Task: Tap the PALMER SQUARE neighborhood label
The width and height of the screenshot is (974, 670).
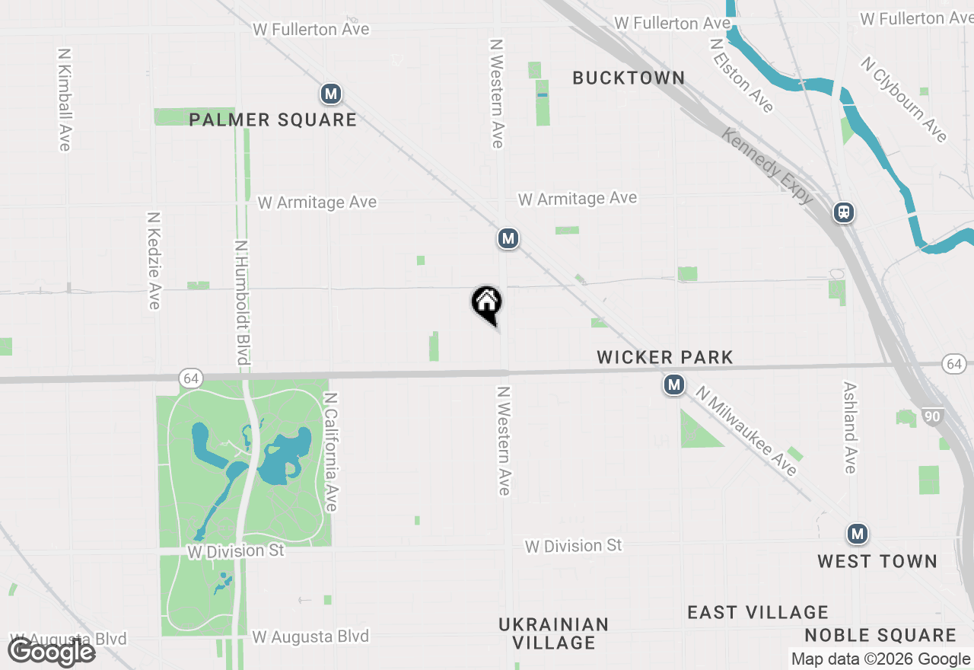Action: coord(272,120)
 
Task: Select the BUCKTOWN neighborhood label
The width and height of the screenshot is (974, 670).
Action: coord(629,78)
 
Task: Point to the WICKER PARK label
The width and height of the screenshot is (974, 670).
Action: coord(665,357)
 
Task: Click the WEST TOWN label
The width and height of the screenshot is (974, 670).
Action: coord(877,562)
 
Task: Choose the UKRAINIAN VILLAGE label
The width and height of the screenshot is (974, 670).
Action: coord(554,633)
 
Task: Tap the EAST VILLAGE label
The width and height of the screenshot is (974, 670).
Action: coord(758,613)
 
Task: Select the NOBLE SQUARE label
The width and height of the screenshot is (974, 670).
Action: coord(880,636)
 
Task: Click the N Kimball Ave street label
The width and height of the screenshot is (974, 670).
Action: coord(65,100)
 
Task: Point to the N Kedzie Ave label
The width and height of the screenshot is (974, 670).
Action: coord(153,260)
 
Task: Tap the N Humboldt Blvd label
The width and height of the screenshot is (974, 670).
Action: coord(243,302)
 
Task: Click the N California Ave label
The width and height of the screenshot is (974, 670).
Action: coord(331,452)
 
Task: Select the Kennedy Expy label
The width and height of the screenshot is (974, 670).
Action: coord(767,167)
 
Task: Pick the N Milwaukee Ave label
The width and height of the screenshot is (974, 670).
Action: coord(746,432)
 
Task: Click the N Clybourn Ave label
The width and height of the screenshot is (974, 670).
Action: coord(905,99)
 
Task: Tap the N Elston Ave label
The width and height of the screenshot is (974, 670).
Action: coord(741,75)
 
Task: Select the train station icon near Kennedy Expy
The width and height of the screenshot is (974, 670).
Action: coord(843,212)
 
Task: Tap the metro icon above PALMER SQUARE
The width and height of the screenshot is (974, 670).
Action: coord(330,94)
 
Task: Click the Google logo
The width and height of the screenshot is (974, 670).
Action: coord(52,652)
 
